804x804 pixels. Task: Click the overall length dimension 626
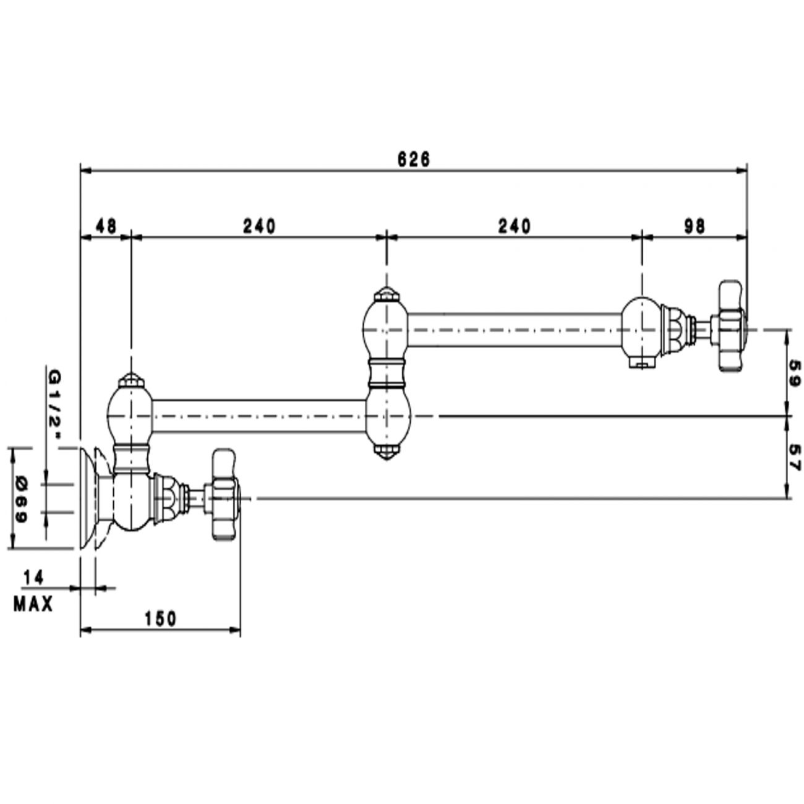[413, 159]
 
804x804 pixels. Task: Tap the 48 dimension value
[106, 226]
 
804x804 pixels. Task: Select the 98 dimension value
[695, 226]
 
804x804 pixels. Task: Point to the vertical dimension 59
[794, 374]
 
